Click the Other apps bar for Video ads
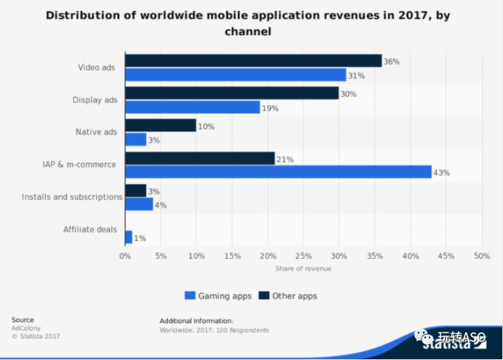tap(253, 61)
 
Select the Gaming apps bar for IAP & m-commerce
tap(278, 172)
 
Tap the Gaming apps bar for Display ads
tap(193, 107)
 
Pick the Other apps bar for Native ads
tap(161, 126)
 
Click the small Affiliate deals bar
tap(129, 237)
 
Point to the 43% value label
tap(441, 173)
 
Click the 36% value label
tap(392, 62)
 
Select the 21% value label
tap(285, 159)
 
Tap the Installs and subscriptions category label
tap(72, 197)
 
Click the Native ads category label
tap(96, 132)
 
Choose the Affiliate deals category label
tap(90, 230)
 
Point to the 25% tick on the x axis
tap(303, 256)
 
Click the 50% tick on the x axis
tap(481, 256)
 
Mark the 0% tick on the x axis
tap(125, 256)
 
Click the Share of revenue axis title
tap(303, 269)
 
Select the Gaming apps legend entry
tap(218, 296)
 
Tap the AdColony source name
tap(25, 328)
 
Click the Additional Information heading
tap(196, 320)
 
